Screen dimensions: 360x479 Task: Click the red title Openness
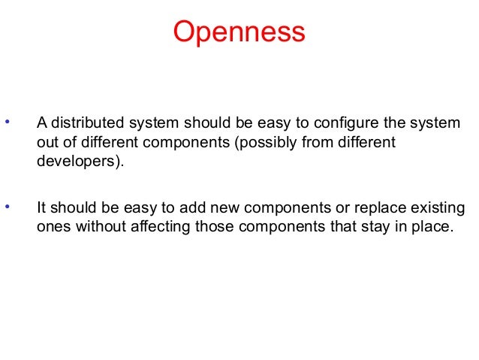(239, 32)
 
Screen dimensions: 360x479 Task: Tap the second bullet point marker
(8, 204)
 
